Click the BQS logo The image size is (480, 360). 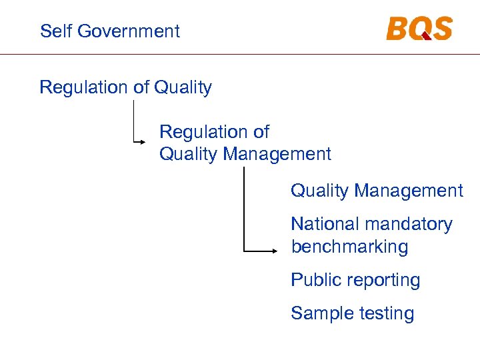coord(419,29)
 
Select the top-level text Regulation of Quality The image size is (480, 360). coord(125,87)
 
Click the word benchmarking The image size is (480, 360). coord(349,247)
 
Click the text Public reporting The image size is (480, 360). coord(355,281)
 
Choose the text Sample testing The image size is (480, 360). coord(352,313)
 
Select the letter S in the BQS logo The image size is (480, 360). coord(441,29)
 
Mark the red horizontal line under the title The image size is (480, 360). coord(240,54)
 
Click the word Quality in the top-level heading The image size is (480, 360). coord(183,87)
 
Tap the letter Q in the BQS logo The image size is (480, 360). coord(419,29)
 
